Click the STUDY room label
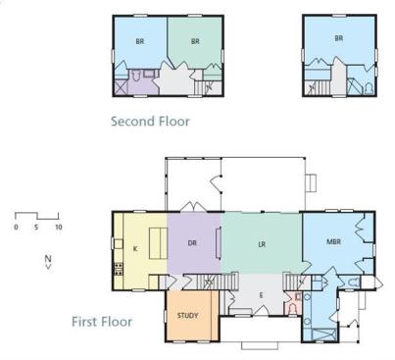pos(187,316)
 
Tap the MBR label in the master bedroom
pos(333,242)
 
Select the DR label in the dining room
pos(192,243)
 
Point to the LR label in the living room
pos(262,244)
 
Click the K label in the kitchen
pos(135,249)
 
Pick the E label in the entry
pos(261,295)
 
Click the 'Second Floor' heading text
pos(150,122)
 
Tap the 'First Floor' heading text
pos(102,322)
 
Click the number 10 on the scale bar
pos(59,227)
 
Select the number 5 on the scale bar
pos(36,227)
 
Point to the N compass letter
pos(48,259)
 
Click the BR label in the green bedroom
pos(195,41)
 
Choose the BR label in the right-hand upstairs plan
pos(339,38)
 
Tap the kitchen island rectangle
pos(159,243)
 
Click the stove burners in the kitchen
pos(119,269)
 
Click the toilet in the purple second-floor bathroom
pos(136,76)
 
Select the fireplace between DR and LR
pos(218,244)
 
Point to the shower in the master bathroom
pos(323,334)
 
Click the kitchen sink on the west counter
pos(118,244)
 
